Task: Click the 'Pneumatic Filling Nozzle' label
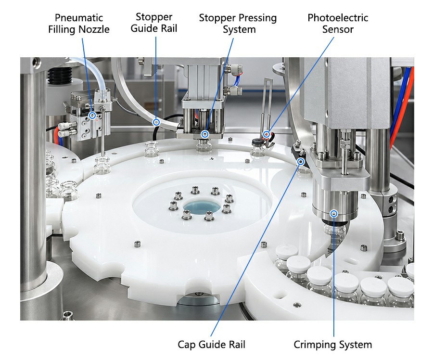coord(79,24)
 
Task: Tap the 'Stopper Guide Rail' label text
coord(154,23)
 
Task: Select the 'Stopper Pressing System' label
coord(238,24)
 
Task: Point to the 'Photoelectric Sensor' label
coord(338,24)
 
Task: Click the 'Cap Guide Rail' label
coord(211,345)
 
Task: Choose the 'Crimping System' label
coord(333,345)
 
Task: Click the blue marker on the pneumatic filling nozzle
coord(92,115)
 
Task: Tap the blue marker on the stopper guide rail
coord(156,122)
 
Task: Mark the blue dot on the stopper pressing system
coord(205,134)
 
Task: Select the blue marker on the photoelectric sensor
coord(267,134)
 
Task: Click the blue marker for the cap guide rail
coord(301,162)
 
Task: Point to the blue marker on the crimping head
coord(334,214)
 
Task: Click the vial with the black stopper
coord(258,148)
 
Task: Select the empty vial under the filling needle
coord(102,165)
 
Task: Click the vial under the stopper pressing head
coord(204,146)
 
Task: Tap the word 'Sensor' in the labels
coord(338,29)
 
